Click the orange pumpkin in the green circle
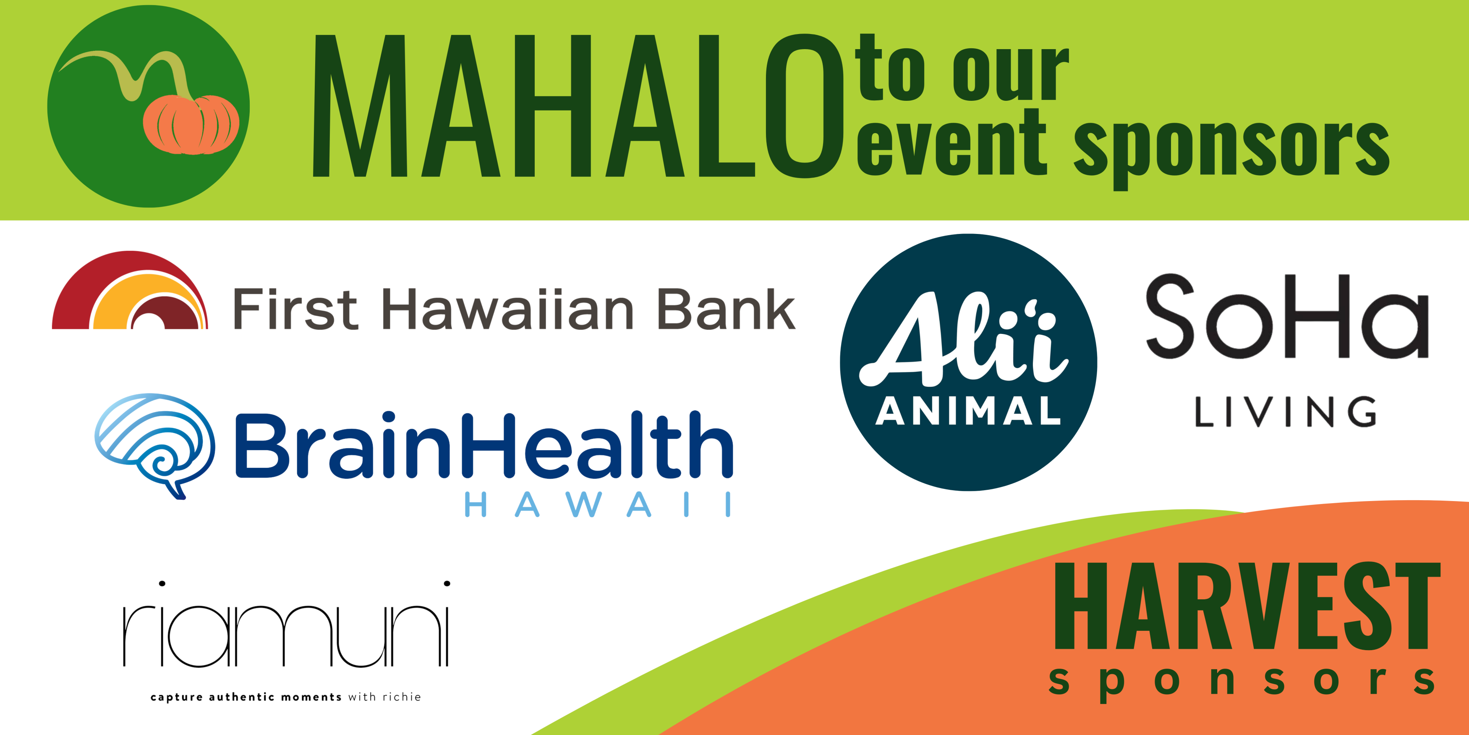(191, 124)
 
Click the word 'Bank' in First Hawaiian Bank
(727, 309)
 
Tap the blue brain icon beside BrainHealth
(154, 446)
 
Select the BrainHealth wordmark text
(484, 445)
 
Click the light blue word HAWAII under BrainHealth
(598, 504)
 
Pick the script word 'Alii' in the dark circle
(964, 339)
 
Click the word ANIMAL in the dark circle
(968, 411)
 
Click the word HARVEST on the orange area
(1247, 606)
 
